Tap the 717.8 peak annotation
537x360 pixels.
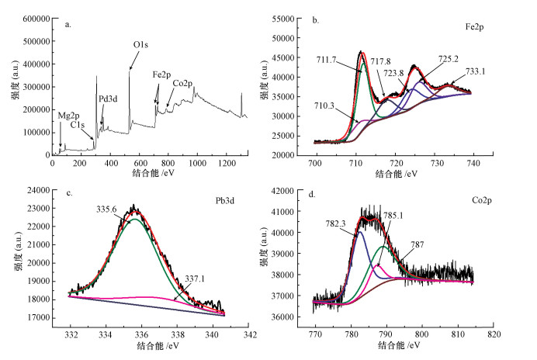[381, 61]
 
